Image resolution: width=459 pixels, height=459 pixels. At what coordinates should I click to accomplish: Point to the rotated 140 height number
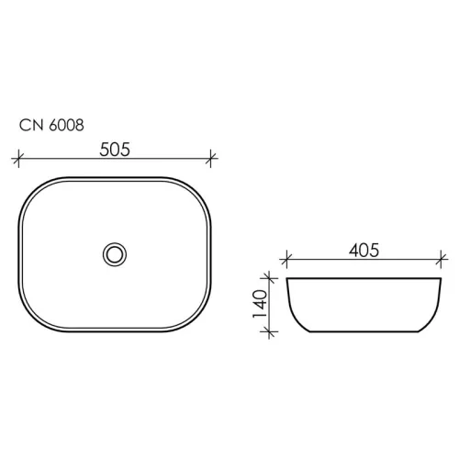(x=259, y=305)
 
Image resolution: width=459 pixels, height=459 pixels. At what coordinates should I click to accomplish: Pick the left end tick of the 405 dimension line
(x=287, y=260)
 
